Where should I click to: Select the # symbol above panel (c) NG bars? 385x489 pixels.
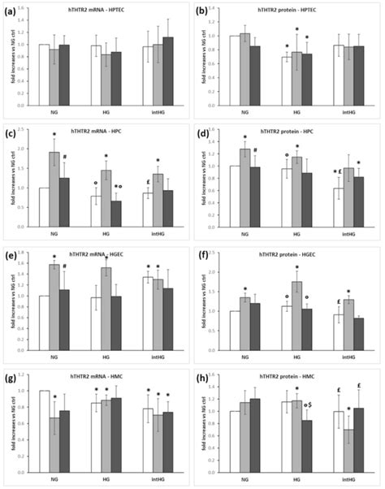click(x=74, y=157)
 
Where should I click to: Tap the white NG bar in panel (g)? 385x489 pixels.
click(x=44, y=435)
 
